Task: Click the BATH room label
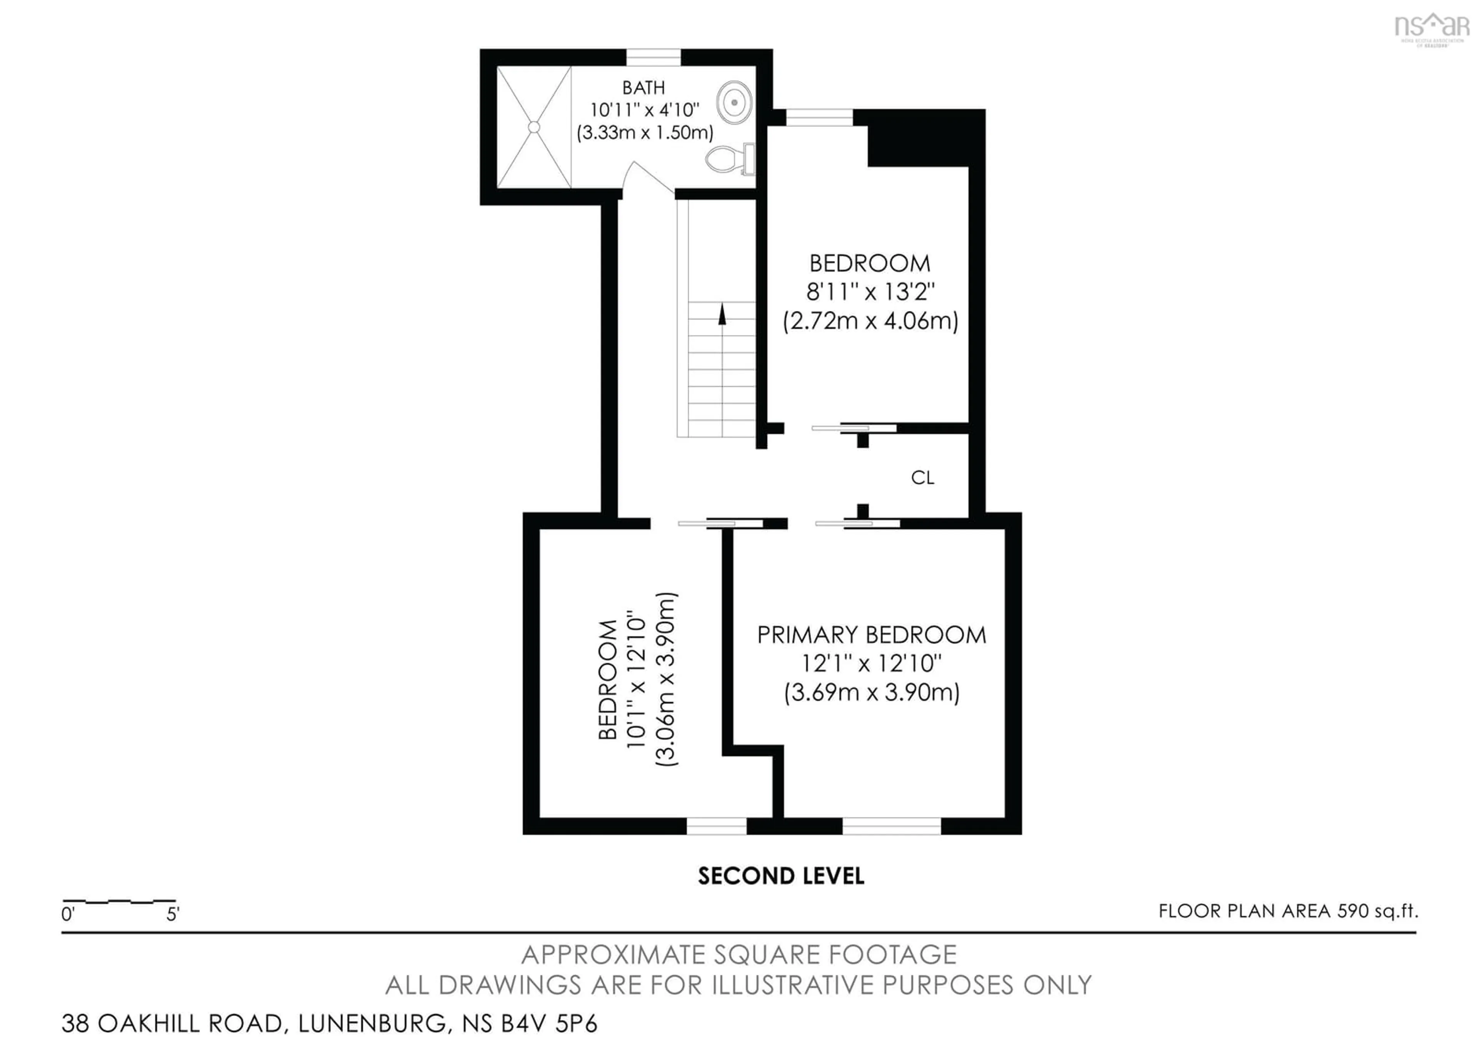click(x=643, y=87)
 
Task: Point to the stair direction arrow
click(x=722, y=315)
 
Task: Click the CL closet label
click(x=922, y=477)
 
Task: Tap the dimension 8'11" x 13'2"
click(x=870, y=292)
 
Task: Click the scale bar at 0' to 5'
click(x=119, y=901)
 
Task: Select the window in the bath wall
click(x=653, y=58)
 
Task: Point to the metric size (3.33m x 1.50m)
click(x=645, y=132)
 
